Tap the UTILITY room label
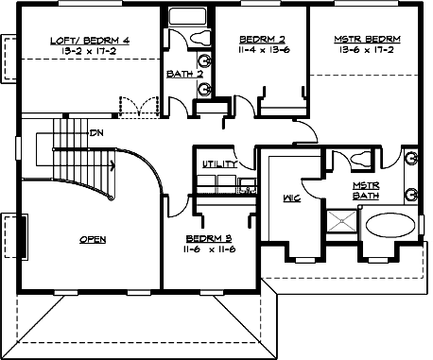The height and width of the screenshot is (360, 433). (220, 164)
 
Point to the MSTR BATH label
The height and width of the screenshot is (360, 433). (366, 191)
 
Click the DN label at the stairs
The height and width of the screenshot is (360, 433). (95, 133)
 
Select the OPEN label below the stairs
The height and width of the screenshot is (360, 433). (92, 240)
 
